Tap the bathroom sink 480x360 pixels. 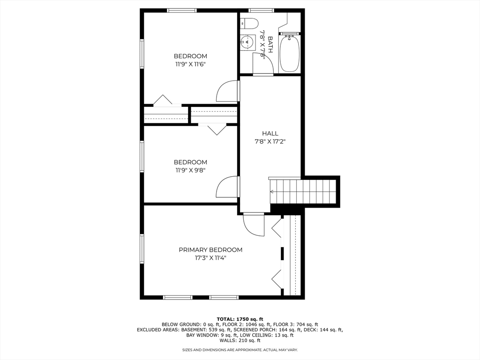247,43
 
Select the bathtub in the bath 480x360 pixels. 289,53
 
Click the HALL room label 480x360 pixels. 270,134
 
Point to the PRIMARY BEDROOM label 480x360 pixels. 210,250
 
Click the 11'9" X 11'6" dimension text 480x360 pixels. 190,65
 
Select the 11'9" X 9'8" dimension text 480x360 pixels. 190,171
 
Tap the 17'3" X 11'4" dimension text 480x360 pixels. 210,258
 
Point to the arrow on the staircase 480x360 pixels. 272,191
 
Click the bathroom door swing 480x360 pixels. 262,64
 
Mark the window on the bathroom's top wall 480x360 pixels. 261,10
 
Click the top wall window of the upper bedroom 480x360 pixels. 182,10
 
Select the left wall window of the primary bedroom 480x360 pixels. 142,249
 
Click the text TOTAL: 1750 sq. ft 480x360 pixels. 240,319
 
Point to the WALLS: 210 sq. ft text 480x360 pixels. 240,340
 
